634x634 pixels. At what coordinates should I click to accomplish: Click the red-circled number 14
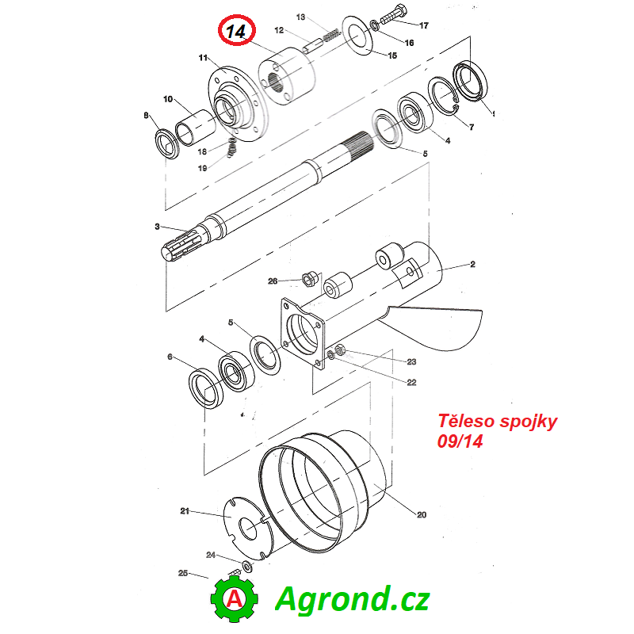click(236, 31)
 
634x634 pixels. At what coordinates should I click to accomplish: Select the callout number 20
click(422, 514)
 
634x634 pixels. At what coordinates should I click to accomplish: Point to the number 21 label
click(185, 511)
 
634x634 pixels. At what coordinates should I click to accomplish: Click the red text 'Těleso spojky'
click(498, 422)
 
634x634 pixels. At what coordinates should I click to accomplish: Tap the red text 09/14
click(460, 441)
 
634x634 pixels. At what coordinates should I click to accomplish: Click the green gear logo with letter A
click(235, 599)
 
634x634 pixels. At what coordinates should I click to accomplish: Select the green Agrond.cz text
click(353, 599)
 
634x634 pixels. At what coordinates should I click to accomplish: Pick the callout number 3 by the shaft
click(157, 227)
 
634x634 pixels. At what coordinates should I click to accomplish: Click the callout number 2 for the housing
click(472, 264)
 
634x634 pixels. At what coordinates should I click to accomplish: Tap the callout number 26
click(273, 281)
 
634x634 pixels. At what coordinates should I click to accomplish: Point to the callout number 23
click(411, 361)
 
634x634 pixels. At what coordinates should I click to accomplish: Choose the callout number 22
click(411, 382)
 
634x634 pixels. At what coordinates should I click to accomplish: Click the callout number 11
click(203, 58)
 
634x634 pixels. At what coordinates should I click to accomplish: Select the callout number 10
click(168, 99)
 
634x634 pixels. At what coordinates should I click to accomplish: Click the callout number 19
click(202, 168)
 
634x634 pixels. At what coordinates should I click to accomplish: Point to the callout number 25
click(183, 573)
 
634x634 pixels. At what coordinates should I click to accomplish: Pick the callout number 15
click(392, 55)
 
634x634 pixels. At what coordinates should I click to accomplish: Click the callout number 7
click(472, 127)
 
